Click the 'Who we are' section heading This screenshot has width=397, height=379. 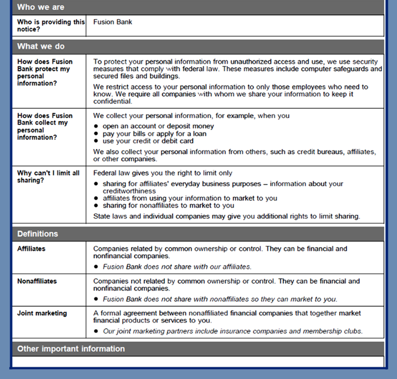point(40,7)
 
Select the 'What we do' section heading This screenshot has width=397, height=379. point(41,46)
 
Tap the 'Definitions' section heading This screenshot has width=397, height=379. point(37,234)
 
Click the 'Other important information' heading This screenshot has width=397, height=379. point(71,349)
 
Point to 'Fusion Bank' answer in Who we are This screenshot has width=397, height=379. point(112,22)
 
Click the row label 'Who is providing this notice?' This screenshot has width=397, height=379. point(51,25)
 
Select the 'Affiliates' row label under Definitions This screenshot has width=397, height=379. point(31,248)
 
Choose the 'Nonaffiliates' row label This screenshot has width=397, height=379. point(37,281)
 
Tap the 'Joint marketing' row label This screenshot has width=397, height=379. point(42,313)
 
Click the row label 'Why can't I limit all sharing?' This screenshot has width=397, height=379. point(48,176)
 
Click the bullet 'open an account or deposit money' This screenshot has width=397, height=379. point(158,126)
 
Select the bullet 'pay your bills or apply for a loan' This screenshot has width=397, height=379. point(155,133)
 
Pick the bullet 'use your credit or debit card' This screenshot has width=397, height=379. point(148,141)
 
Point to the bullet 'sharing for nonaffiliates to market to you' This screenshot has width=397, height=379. point(168,205)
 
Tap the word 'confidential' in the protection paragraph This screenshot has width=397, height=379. point(112,101)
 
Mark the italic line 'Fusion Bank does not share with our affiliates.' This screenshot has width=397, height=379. point(177,267)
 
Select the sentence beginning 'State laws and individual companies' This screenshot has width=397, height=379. point(227,216)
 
